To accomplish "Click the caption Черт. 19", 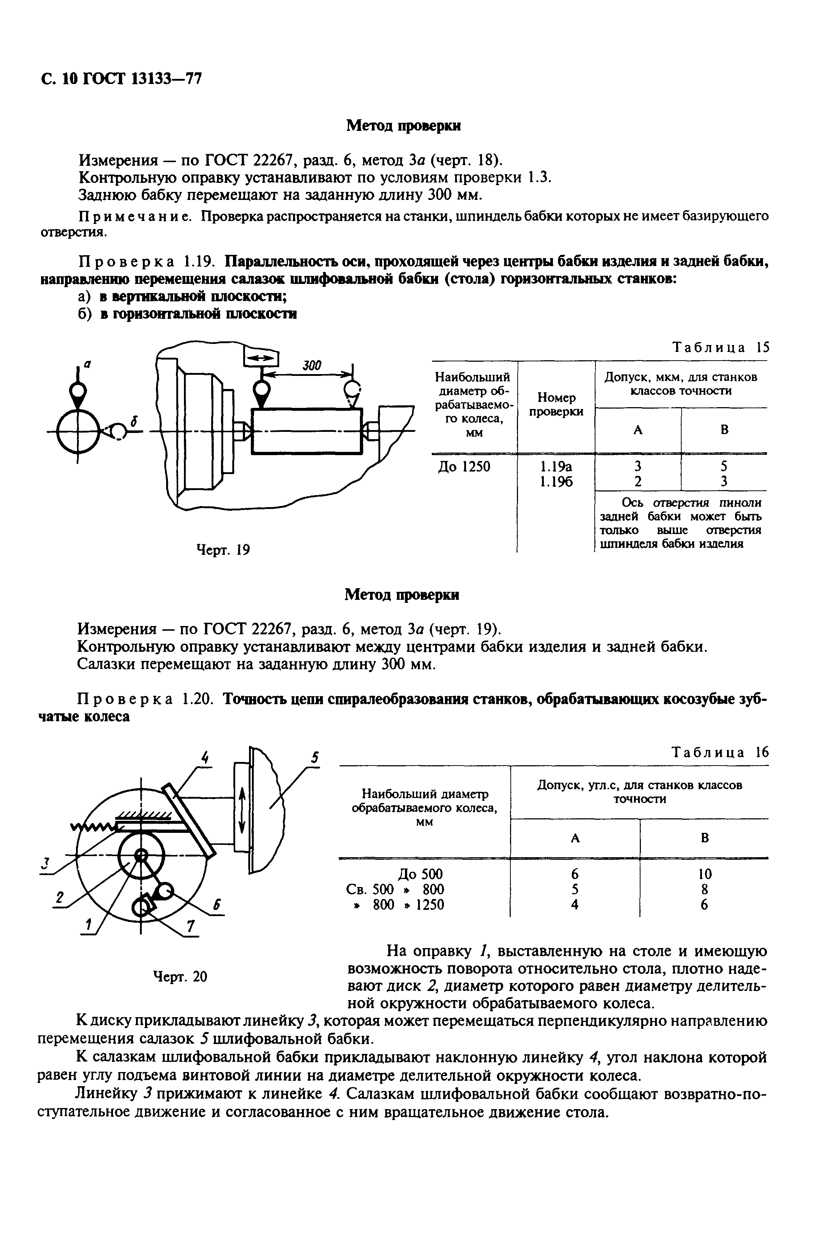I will (x=223, y=550).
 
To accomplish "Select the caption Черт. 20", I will (x=180, y=976).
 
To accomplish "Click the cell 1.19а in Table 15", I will (x=556, y=467).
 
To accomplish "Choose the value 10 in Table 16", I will (x=704, y=874).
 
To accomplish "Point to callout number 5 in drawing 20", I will (x=315, y=758).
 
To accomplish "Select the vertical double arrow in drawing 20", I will (x=242, y=811).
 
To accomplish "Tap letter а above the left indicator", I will (x=88, y=364).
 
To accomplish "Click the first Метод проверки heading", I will (x=403, y=126).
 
